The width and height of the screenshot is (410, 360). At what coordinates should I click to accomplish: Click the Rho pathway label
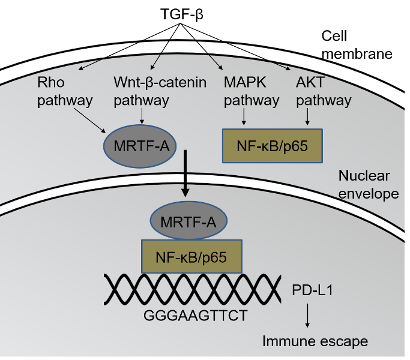pos(65,91)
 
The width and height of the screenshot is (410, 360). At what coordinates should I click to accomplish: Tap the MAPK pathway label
pos(251,91)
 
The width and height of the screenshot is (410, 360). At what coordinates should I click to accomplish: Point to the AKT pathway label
pos(324,91)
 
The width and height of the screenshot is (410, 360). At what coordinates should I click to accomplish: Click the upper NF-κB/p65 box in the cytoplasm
pos(273,146)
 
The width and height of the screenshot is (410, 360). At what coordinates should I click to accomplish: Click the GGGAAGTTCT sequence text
pos(195,315)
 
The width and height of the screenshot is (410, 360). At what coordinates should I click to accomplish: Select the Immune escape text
pos(315,341)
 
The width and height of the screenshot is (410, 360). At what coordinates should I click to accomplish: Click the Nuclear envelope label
pos(364,185)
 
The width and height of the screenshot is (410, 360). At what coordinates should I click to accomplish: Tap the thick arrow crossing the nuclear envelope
pos(185,174)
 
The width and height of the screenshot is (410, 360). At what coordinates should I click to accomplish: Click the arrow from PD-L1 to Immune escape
pos(307,315)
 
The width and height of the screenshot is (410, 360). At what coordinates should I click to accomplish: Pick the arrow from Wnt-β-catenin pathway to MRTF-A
pos(141,116)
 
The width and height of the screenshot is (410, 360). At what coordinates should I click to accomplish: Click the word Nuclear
pos(364,176)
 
